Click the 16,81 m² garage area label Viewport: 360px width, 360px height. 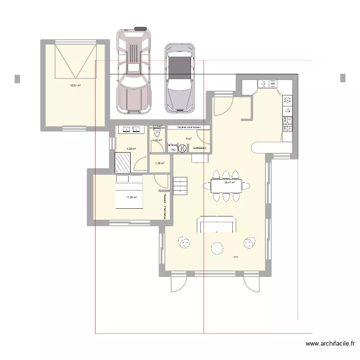coord(74,86)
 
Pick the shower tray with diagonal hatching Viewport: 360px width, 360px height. coord(124,162)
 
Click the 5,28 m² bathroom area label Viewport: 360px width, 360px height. coord(132,149)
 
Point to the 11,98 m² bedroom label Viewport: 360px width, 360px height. coord(132,197)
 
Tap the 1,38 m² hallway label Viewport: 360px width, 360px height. coord(160,163)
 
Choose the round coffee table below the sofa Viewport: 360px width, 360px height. coord(217,248)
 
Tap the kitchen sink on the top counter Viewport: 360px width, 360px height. coord(265,84)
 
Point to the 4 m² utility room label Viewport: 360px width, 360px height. coord(189,139)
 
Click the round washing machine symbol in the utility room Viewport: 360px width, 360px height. coord(182,149)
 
